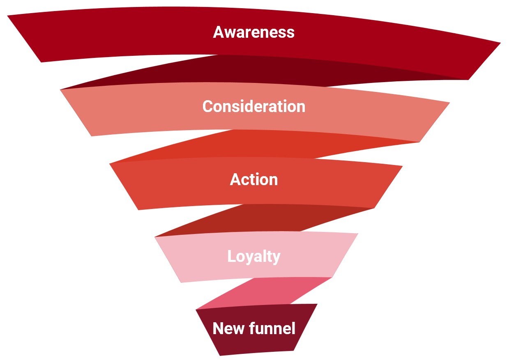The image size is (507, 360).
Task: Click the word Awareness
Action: coord(253,32)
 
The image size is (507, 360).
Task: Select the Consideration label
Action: coord(253,106)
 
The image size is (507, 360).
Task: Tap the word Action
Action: coord(253,180)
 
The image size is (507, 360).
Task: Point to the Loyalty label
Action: coord(253,257)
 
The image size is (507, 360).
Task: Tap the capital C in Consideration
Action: coord(208,107)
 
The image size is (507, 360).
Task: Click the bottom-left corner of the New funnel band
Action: coord(220,354)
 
